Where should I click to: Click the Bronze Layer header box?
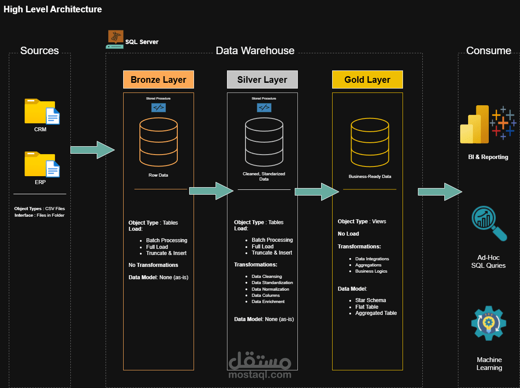pos(158,80)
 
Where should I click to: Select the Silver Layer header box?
pos(262,80)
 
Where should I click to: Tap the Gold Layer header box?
pos(367,80)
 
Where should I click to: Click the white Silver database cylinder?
pos(264,140)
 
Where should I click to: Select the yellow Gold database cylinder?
pos(370,142)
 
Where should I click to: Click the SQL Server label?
pos(142,42)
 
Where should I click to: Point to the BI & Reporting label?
pos(488,157)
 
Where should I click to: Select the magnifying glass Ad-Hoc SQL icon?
pos(488,224)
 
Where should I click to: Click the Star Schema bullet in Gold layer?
pos(370,300)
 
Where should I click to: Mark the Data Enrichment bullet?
pos(268,302)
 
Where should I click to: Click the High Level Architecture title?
pos(53,9)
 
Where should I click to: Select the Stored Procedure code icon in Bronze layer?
pos(158,107)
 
